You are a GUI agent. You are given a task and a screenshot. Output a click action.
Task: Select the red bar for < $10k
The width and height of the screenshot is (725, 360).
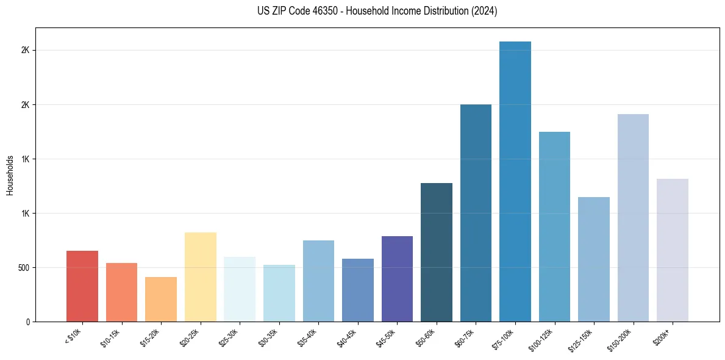82,286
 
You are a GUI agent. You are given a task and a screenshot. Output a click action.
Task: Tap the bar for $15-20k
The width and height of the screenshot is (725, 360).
161,300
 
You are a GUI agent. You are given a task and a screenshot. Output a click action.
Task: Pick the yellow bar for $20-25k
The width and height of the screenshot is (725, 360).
201,277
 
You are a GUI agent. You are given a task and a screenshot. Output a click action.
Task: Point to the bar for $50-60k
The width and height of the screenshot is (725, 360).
437,253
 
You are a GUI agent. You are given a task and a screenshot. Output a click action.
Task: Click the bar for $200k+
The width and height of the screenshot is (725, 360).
673,250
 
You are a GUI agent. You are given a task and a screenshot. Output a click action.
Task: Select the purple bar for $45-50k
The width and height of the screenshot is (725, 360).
397,279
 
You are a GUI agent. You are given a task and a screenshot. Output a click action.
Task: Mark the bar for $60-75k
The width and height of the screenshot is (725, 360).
476,213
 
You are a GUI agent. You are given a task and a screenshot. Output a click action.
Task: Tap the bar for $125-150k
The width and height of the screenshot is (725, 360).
594,259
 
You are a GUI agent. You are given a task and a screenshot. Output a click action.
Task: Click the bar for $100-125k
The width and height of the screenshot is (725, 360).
554,227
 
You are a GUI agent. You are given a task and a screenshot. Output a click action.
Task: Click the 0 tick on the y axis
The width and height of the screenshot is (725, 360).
28,322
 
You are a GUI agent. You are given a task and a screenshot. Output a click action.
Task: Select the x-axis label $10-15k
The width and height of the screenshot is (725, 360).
111,337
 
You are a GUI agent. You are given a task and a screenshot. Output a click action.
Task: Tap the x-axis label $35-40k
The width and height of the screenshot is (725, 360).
308,337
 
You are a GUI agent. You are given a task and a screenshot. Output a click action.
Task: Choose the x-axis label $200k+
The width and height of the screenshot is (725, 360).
663,336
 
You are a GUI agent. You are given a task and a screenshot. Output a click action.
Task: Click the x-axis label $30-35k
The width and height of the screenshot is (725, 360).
268,337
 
